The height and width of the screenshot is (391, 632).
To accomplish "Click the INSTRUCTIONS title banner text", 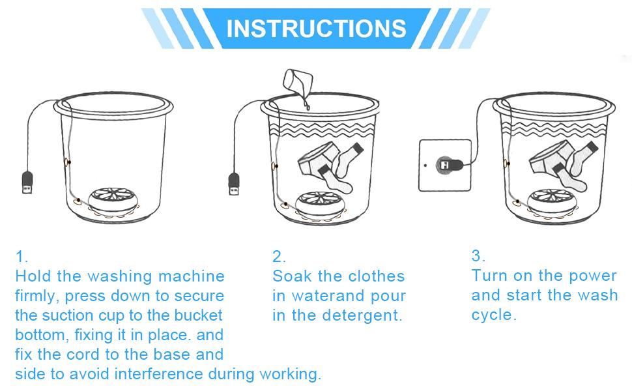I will [x=316, y=28].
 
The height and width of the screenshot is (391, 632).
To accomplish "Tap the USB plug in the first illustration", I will [x=27, y=182].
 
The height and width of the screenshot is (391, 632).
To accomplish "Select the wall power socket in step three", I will [x=445, y=165].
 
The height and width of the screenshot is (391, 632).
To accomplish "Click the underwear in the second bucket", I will [x=317, y=159].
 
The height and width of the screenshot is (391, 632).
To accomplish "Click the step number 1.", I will [x=22, y=256].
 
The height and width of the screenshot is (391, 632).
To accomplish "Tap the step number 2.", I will [x=279, y=256].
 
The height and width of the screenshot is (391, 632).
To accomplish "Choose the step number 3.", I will [x=478, y=255].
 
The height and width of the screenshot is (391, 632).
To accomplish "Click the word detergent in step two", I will [x=366, y=315].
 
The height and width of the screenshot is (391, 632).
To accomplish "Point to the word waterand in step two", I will [x=327, y=296].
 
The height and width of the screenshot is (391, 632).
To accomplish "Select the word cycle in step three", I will [x=494, y=315].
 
